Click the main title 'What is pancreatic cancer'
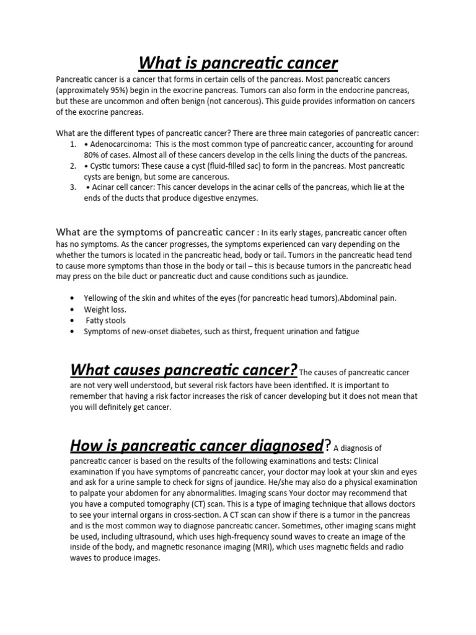[x=238, y=63]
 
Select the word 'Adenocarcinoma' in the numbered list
[x=118, y=144]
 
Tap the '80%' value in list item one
[x=92, y=155]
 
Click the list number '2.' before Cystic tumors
[x=73, y=166]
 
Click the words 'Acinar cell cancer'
[x=121, y=187]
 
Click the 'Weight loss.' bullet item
[x=105, y=309]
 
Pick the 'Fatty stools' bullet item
[x=106, y=321]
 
